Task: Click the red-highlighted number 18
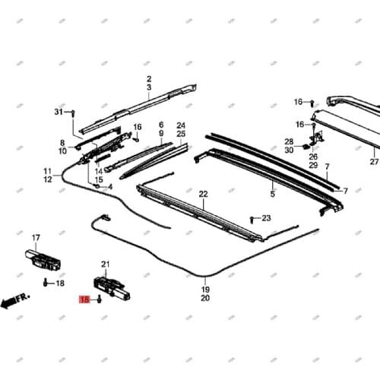click(85, 300)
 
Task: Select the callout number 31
click(59, 112)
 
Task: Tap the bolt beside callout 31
click(72, 114)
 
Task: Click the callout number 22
click(204, 195)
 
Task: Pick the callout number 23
click(266, 218)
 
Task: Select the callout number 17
click(35, 239)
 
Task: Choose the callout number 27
click(374, 162)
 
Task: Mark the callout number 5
click(271, 195)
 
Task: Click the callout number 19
click(205, 290)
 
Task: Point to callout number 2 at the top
click(149, 79)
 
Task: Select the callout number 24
click(181, 125)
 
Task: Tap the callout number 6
click(161, 124)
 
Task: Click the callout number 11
click(48, 171)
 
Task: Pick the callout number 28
click(289, 141)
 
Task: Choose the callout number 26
click(313, 157)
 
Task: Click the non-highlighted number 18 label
click(60, 283)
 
